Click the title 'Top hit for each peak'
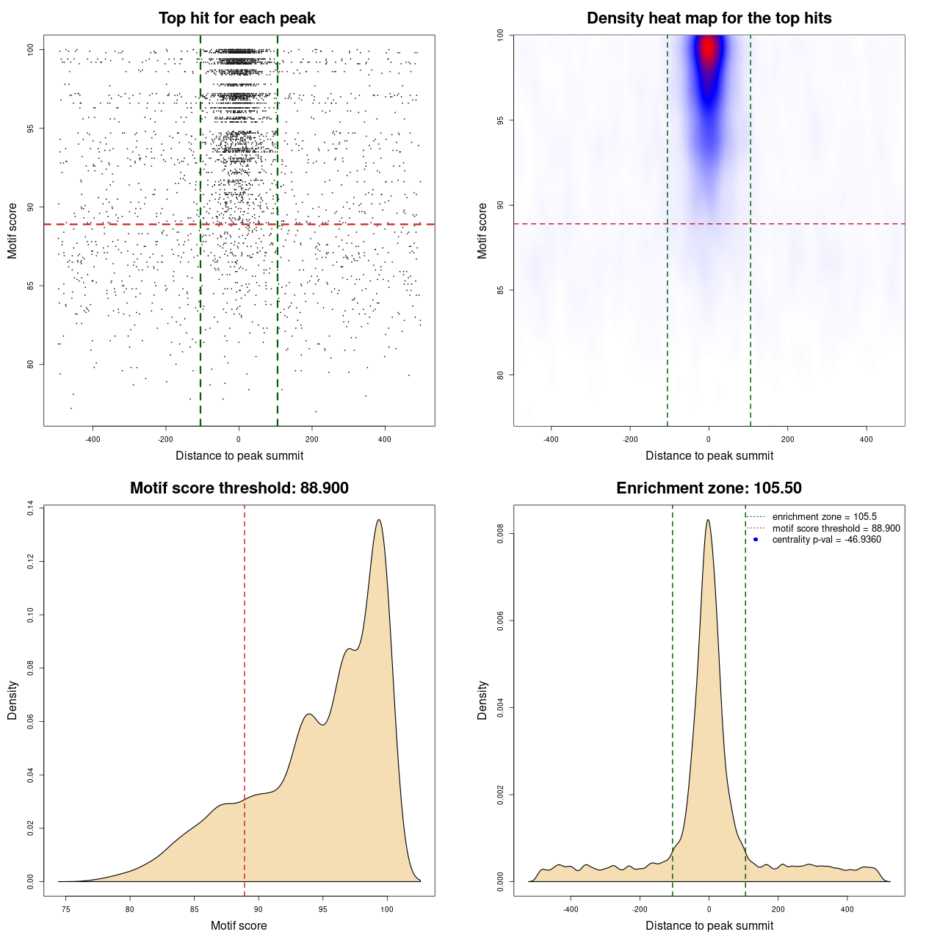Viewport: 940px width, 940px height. point(236,18)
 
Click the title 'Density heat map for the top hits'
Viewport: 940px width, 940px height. point(709,18)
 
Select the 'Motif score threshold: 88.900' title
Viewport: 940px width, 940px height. point(239,488)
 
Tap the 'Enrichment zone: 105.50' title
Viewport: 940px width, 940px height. point(709,488)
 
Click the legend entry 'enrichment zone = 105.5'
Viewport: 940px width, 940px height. point(824,517)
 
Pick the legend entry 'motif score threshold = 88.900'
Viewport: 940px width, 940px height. point(836,529)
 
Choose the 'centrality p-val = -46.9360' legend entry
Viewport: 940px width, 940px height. point(826,540)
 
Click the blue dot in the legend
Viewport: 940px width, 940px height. point(756,540)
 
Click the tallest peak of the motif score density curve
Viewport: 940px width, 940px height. point(379,520)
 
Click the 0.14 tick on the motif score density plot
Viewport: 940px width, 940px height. point(30,507)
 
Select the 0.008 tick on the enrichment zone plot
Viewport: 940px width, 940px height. point(500,534)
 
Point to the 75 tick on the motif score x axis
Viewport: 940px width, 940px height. point(66,909)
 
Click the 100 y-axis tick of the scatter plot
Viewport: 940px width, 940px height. point(30,50)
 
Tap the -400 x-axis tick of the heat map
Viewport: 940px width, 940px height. point(551,439)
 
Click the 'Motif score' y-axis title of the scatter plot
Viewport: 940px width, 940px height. point(12,231)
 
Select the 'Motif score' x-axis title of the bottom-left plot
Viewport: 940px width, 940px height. point(239,925)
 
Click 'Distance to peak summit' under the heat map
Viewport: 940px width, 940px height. point(709,455)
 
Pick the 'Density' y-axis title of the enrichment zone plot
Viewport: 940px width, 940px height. point(482,700)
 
